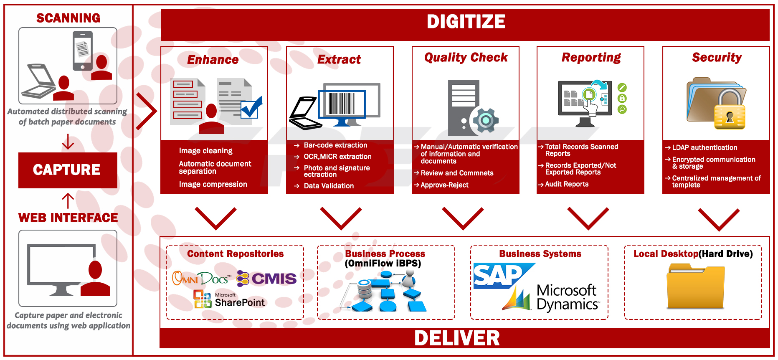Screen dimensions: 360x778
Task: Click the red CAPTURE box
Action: click(68, 170)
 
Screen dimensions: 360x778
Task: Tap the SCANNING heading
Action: click(68, 18)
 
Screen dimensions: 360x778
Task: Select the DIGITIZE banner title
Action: click(466, 22)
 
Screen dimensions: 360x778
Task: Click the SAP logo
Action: click(499, 276)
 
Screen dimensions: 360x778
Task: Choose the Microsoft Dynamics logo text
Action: click(567, 297)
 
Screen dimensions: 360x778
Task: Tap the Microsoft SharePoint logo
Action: click(229, 299)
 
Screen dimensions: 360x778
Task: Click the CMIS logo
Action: click(267, 279)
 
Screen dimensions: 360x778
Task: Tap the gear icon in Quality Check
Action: click(485, 121)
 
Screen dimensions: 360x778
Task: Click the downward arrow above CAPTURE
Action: click(68, 142)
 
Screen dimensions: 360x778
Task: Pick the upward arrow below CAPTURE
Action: click(68, 200)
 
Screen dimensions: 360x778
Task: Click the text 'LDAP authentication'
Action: click(705, 148)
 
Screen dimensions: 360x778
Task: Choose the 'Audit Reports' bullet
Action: click(567, 184)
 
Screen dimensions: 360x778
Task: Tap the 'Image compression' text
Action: click(213, 185)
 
